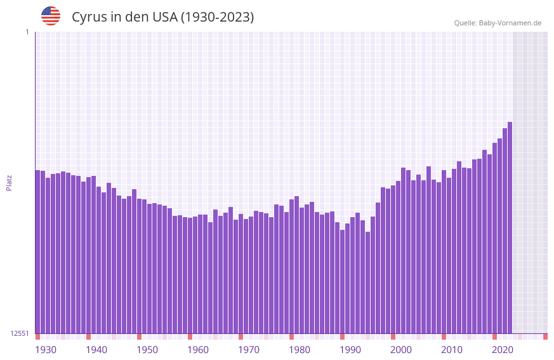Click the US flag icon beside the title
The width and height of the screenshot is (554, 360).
[51, 16]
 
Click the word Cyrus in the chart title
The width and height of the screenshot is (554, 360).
[89, 17]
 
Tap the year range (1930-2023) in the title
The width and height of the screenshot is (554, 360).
[217, 17]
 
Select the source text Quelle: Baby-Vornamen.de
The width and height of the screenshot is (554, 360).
[498, 23]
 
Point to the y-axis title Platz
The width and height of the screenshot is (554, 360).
[9, 182]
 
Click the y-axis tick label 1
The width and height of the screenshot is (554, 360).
[27, 32]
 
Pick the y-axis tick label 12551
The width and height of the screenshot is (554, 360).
[20, 333]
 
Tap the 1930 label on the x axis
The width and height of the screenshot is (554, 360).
[46, 350]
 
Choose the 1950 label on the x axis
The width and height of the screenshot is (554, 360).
[147, 350]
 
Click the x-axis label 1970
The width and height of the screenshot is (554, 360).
[249, 350]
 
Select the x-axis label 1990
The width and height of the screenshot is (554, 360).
[350, 350]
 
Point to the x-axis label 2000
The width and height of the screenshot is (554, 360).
[401, 350]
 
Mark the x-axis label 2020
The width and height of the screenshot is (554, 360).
[503, 350]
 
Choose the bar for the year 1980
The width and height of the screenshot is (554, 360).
[292, 266]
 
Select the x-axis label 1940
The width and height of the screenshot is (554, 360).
[96, 350]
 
